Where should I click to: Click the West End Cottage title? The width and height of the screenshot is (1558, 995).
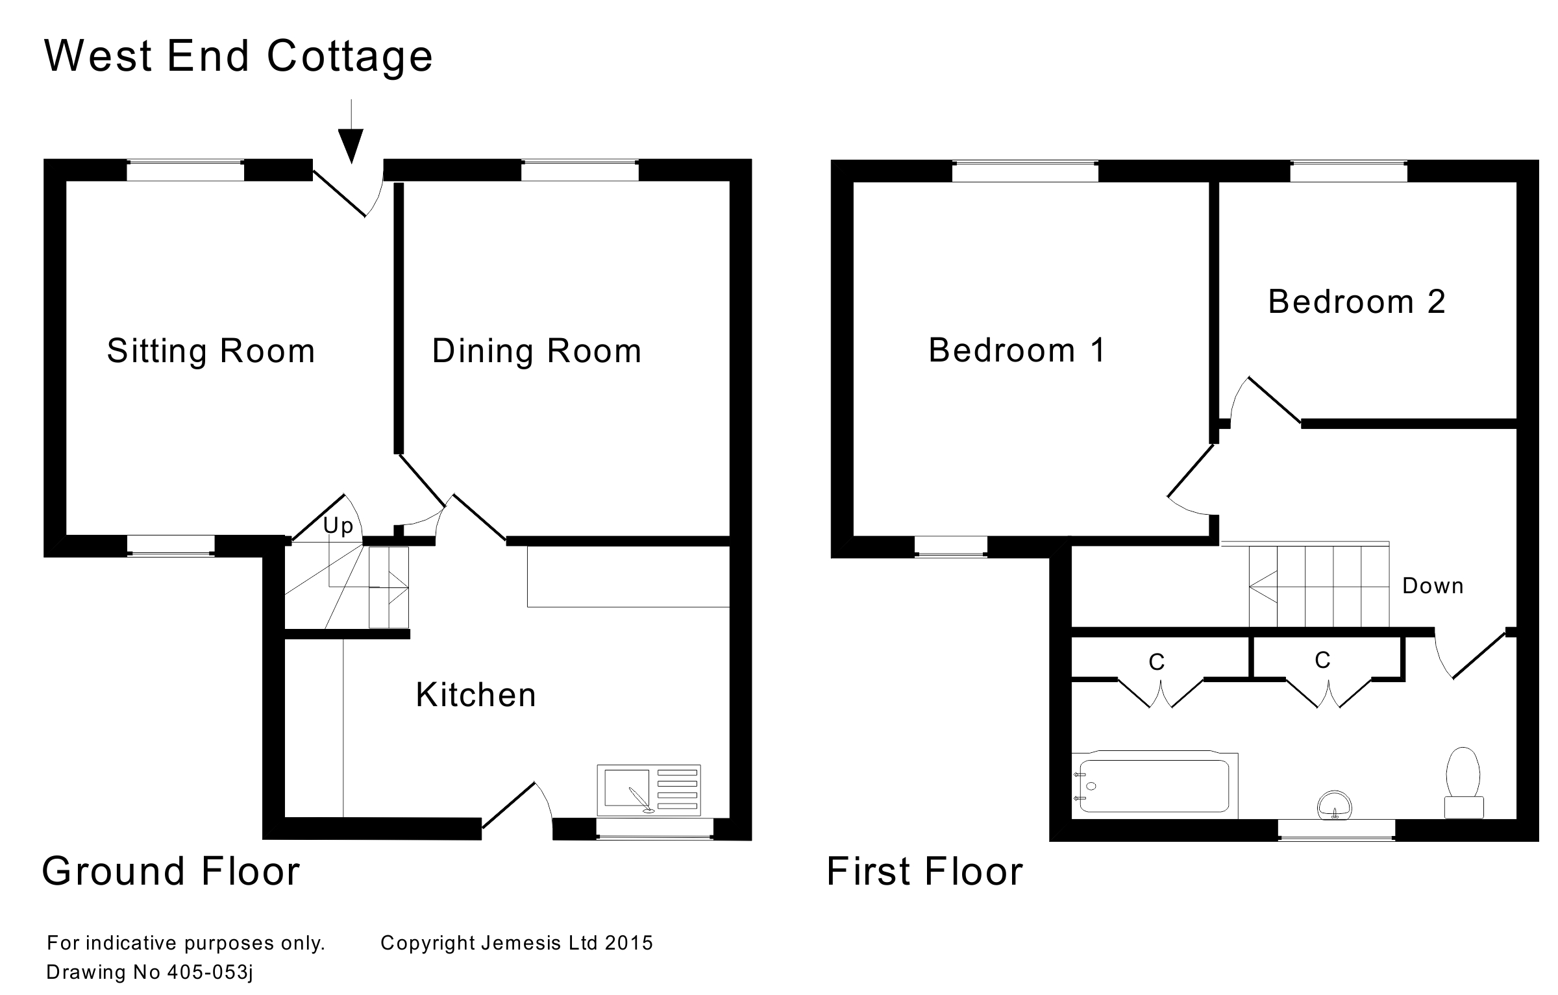click(x=238, y=56)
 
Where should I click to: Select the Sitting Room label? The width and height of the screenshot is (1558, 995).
click(x=211, y=351)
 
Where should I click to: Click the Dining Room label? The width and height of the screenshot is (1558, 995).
click(x=537, y=351)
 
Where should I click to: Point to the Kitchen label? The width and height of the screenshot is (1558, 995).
click(x=476, y=695)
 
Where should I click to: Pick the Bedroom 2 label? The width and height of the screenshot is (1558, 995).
click(x=1357, y=302)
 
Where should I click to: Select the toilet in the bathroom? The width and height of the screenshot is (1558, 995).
click(x=1463, y=782)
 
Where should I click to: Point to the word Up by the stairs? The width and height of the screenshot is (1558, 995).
click(x=338, y=525)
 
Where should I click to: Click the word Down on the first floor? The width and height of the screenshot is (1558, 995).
click(x=1433, y=586)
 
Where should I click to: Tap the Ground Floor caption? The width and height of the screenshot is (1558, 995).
click(x=171, y=871)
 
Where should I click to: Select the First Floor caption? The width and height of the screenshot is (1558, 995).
click(x=924, y=871)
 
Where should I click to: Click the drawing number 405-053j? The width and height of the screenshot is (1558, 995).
click(x=210, y=972)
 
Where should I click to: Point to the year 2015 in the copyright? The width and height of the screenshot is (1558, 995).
click(x=629, y=943)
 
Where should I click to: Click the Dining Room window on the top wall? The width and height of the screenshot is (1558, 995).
click(x=580, y=171)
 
